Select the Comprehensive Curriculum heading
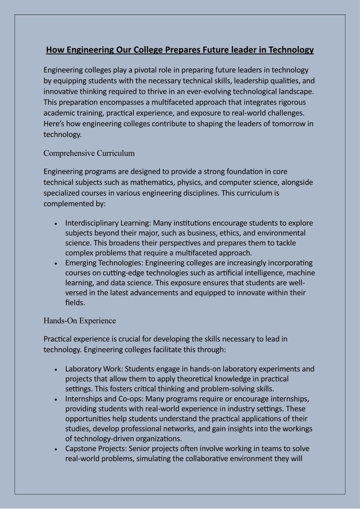pos(89,153)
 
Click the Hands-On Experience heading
pos(80,321)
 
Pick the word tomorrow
pos(283,124)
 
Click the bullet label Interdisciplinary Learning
pos(108,223)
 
